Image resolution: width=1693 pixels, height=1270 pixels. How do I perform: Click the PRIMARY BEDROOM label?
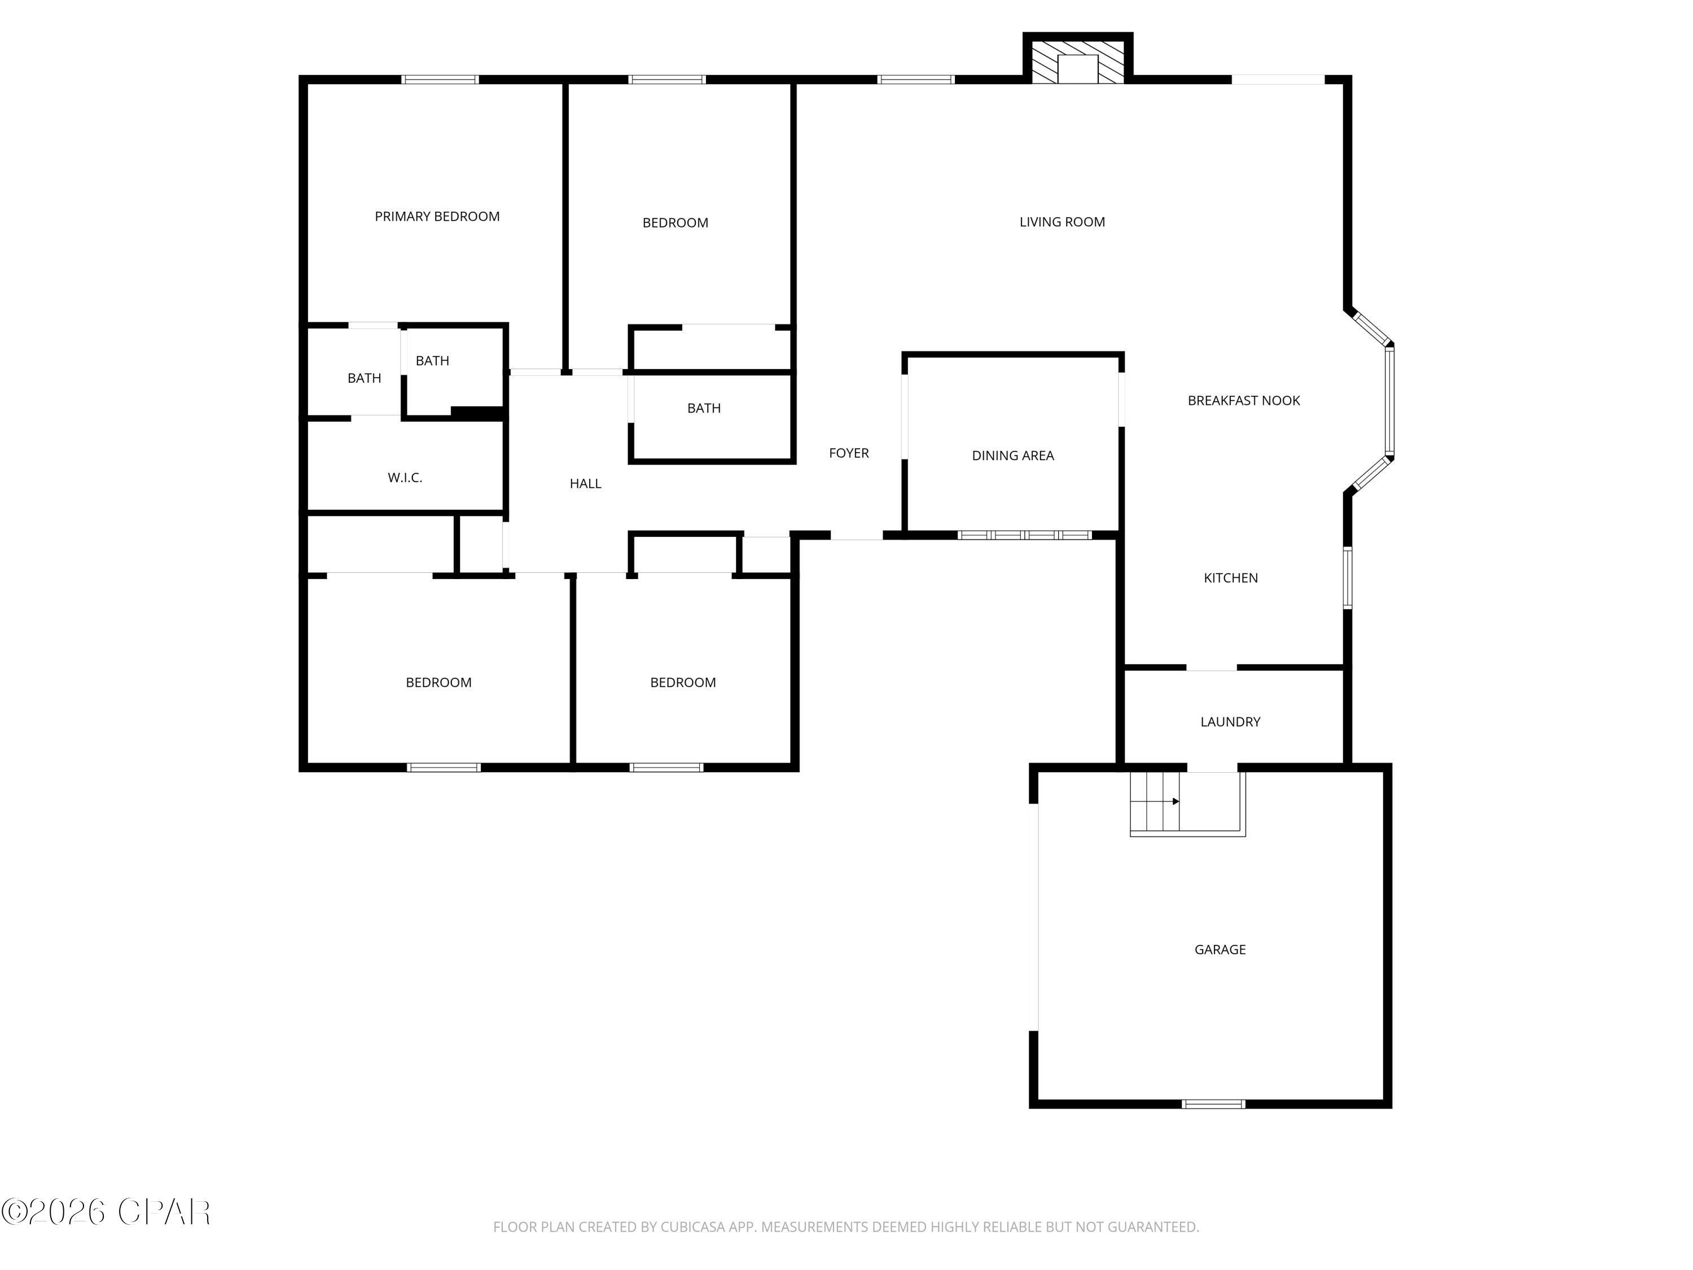(436, 217)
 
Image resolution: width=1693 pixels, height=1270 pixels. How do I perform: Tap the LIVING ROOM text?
(1062, 222)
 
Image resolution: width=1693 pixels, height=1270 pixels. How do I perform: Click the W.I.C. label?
(404, 478)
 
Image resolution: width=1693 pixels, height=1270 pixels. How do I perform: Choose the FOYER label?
(848, 453)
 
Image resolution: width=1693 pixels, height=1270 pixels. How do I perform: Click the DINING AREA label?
(1012, 456)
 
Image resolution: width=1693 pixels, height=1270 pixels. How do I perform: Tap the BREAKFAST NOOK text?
(1243, 400)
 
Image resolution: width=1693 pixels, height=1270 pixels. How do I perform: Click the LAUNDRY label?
(1229, 722)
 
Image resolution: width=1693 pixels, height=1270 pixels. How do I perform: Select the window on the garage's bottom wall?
(1213, 1104)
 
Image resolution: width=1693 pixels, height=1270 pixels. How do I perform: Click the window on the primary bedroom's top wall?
(440, 80)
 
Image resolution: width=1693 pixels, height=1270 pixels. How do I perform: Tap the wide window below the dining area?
(1025, 535)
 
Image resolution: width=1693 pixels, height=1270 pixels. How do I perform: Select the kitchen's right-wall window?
(1348, 578)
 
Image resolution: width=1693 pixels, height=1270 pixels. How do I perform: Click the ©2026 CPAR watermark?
(106, 1212)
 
